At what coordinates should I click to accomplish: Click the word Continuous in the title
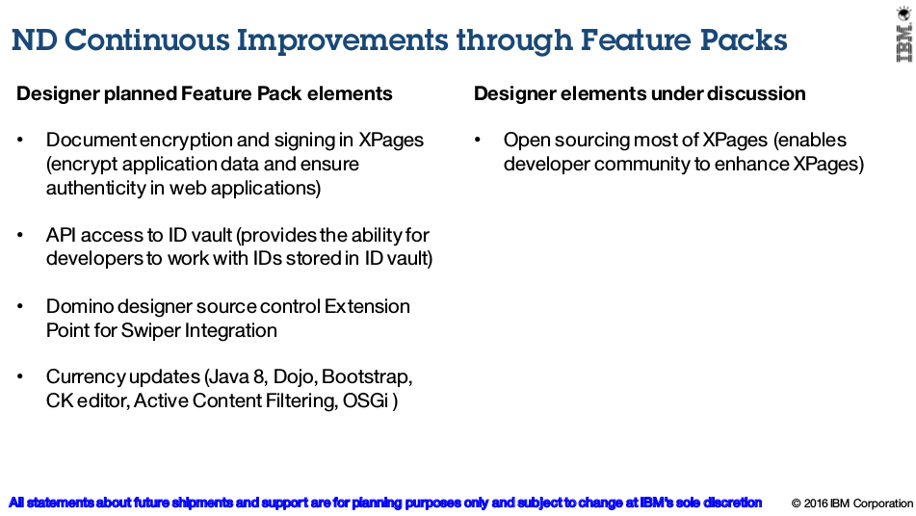click(146, 39)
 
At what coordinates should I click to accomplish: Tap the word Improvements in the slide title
click(342, 40)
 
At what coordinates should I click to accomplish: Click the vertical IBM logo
click(904, 42)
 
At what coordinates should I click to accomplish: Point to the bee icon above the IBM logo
click(904, 13)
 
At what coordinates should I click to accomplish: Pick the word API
click(61, 235)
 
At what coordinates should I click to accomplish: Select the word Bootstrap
click(367, 377)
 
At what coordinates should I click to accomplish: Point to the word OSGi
click(365, 401)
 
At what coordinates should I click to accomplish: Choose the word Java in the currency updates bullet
click(229, 377)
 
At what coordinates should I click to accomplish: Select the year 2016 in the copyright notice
click(816, 503)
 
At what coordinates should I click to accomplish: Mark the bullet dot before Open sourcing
click(478, 141)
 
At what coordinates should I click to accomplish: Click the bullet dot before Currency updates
click(20, 377)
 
